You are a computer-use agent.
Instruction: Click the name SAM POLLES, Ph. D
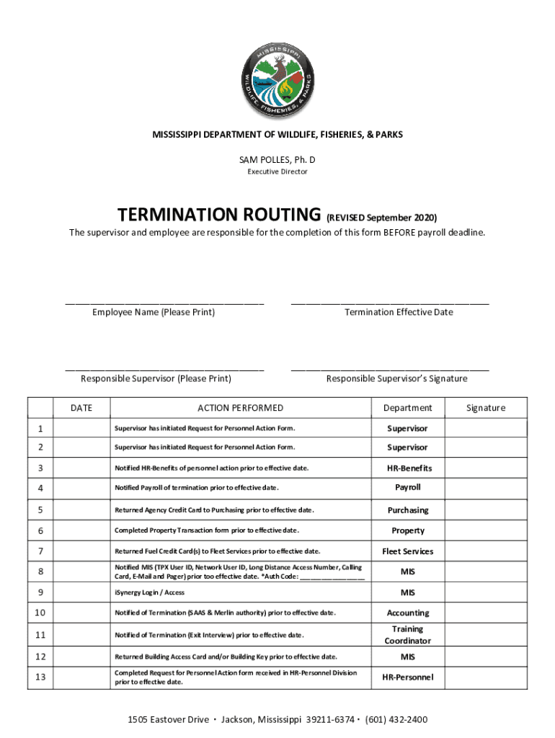pyautogui.click(x=277, y=159)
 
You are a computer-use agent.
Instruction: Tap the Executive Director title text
pyautogui.click(x=277, y=172)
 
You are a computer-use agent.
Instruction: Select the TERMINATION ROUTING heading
pyautogui.click(x=219, y=215)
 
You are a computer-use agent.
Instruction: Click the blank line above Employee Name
pyautogui.click(x=164, y=303)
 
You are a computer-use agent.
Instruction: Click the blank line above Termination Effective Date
pyautogui.click(x=390, y=303)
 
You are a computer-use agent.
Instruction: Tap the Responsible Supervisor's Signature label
pyautogui.click(x=396, y=378)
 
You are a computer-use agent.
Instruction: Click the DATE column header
pyautogui.click(x=81, y=408)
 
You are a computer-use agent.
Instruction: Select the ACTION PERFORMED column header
pyautogui.click(x=240, y=408)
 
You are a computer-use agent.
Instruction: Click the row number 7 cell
pyautogui.click(x=40, y=551)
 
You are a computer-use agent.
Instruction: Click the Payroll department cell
pyautogui.click(x=407, y=487)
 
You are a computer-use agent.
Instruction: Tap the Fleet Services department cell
pyautogui.click(x=407, y=551)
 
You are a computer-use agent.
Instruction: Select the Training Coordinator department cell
pyautogui.click(x=407, y=635)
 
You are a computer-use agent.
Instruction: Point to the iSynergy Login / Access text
pyautogui.click(x=149, y=592)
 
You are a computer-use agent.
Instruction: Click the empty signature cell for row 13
pyautogui.click(x=485, y=677)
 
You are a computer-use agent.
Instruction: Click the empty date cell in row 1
pyautogui.click(x=81, y=429)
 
